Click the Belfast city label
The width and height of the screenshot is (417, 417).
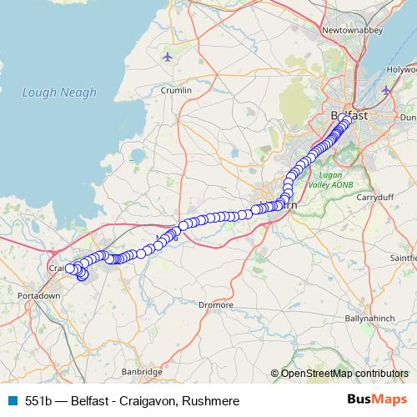349,115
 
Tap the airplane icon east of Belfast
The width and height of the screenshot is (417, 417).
385,89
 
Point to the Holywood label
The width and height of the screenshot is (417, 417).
401,71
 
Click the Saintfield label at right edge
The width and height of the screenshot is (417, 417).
401,259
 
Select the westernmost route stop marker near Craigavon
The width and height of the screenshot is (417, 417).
71,268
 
